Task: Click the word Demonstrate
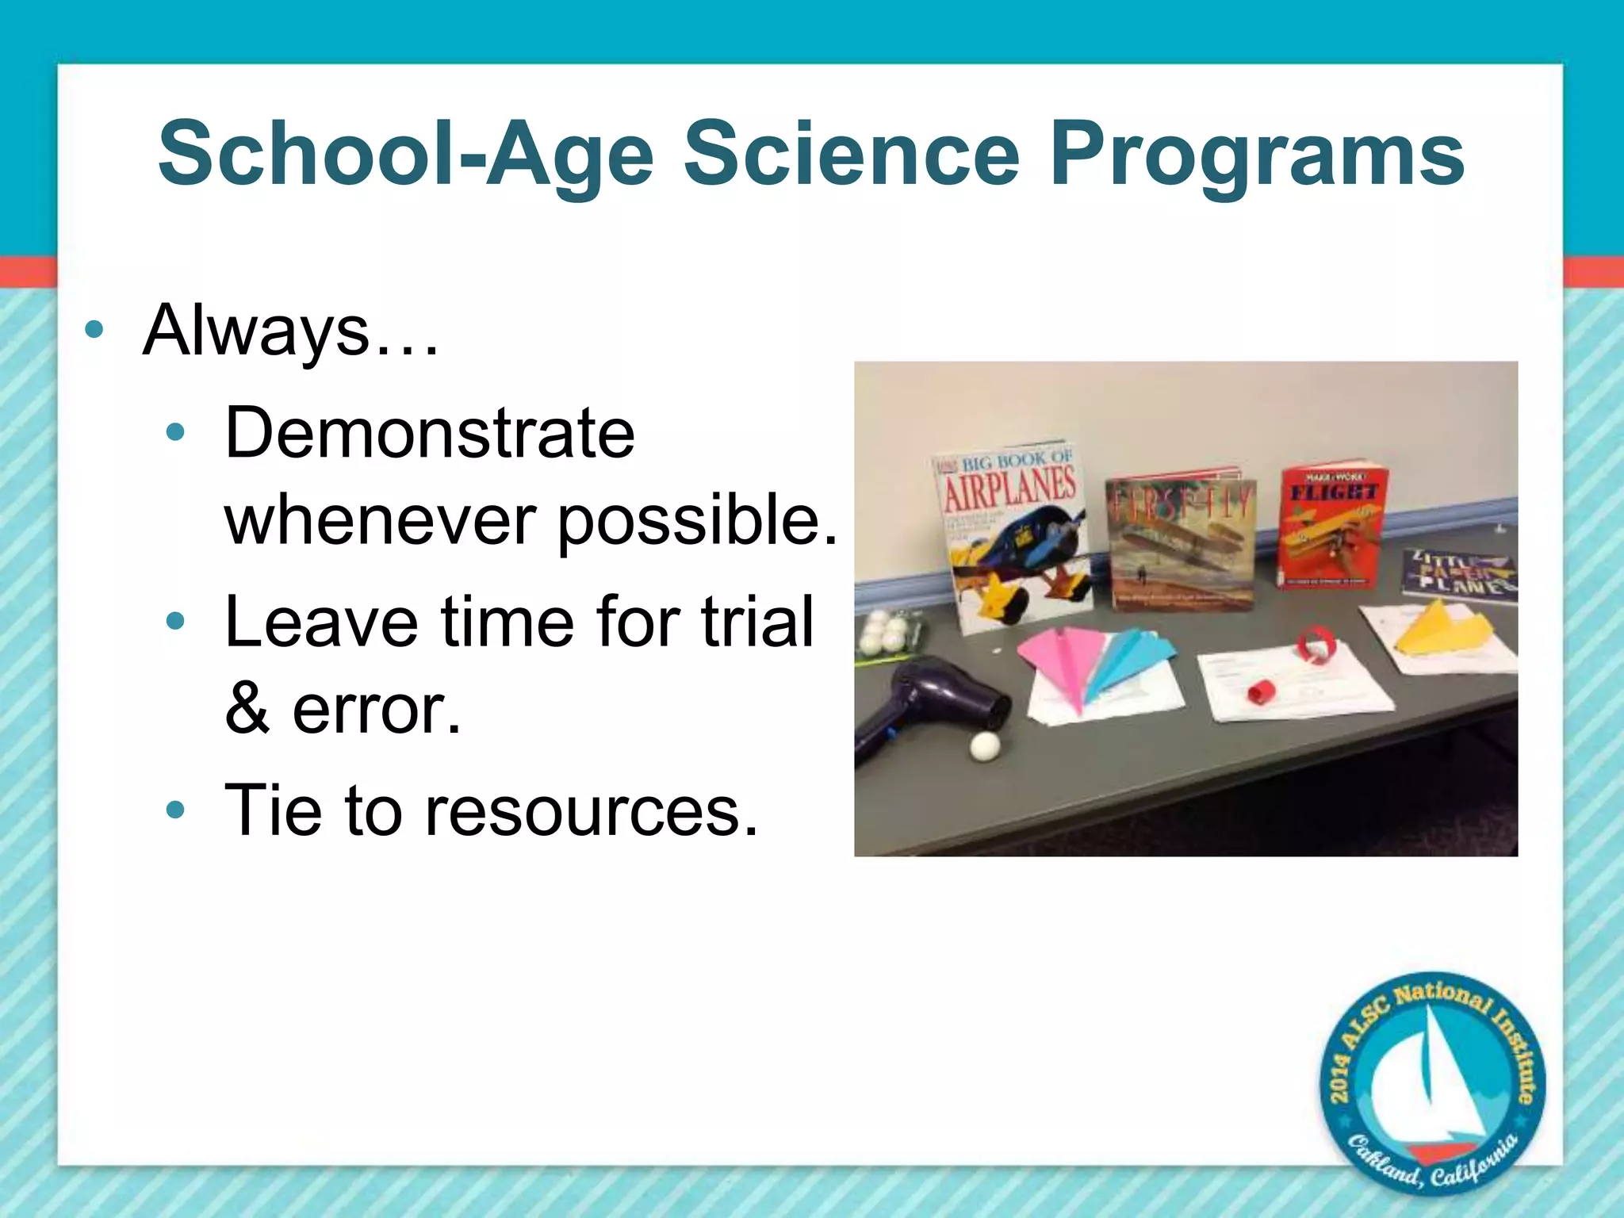[x=430, y=433]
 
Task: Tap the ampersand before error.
[x=247, y=709]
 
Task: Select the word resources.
[x=592, y=810]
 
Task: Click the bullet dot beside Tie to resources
[x=176, y=811]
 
